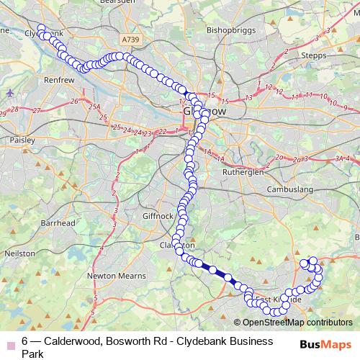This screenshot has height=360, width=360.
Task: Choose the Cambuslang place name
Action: [292, 189]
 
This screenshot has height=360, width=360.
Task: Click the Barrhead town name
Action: [58, 223]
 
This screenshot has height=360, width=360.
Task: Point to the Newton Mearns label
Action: [112, 275]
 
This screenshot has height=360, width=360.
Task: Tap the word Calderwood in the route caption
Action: [75, 341]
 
